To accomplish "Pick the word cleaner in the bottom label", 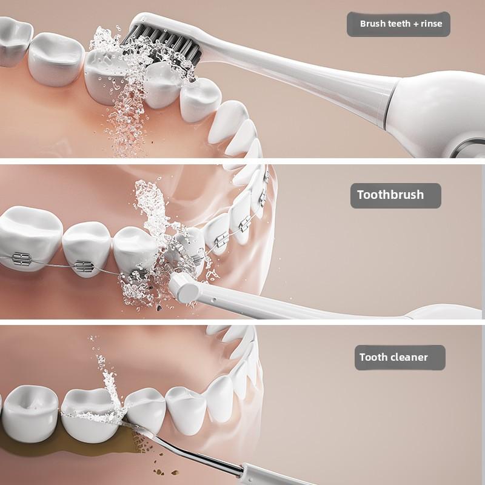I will coord(409,357).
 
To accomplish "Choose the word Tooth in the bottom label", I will coord(373,357).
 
